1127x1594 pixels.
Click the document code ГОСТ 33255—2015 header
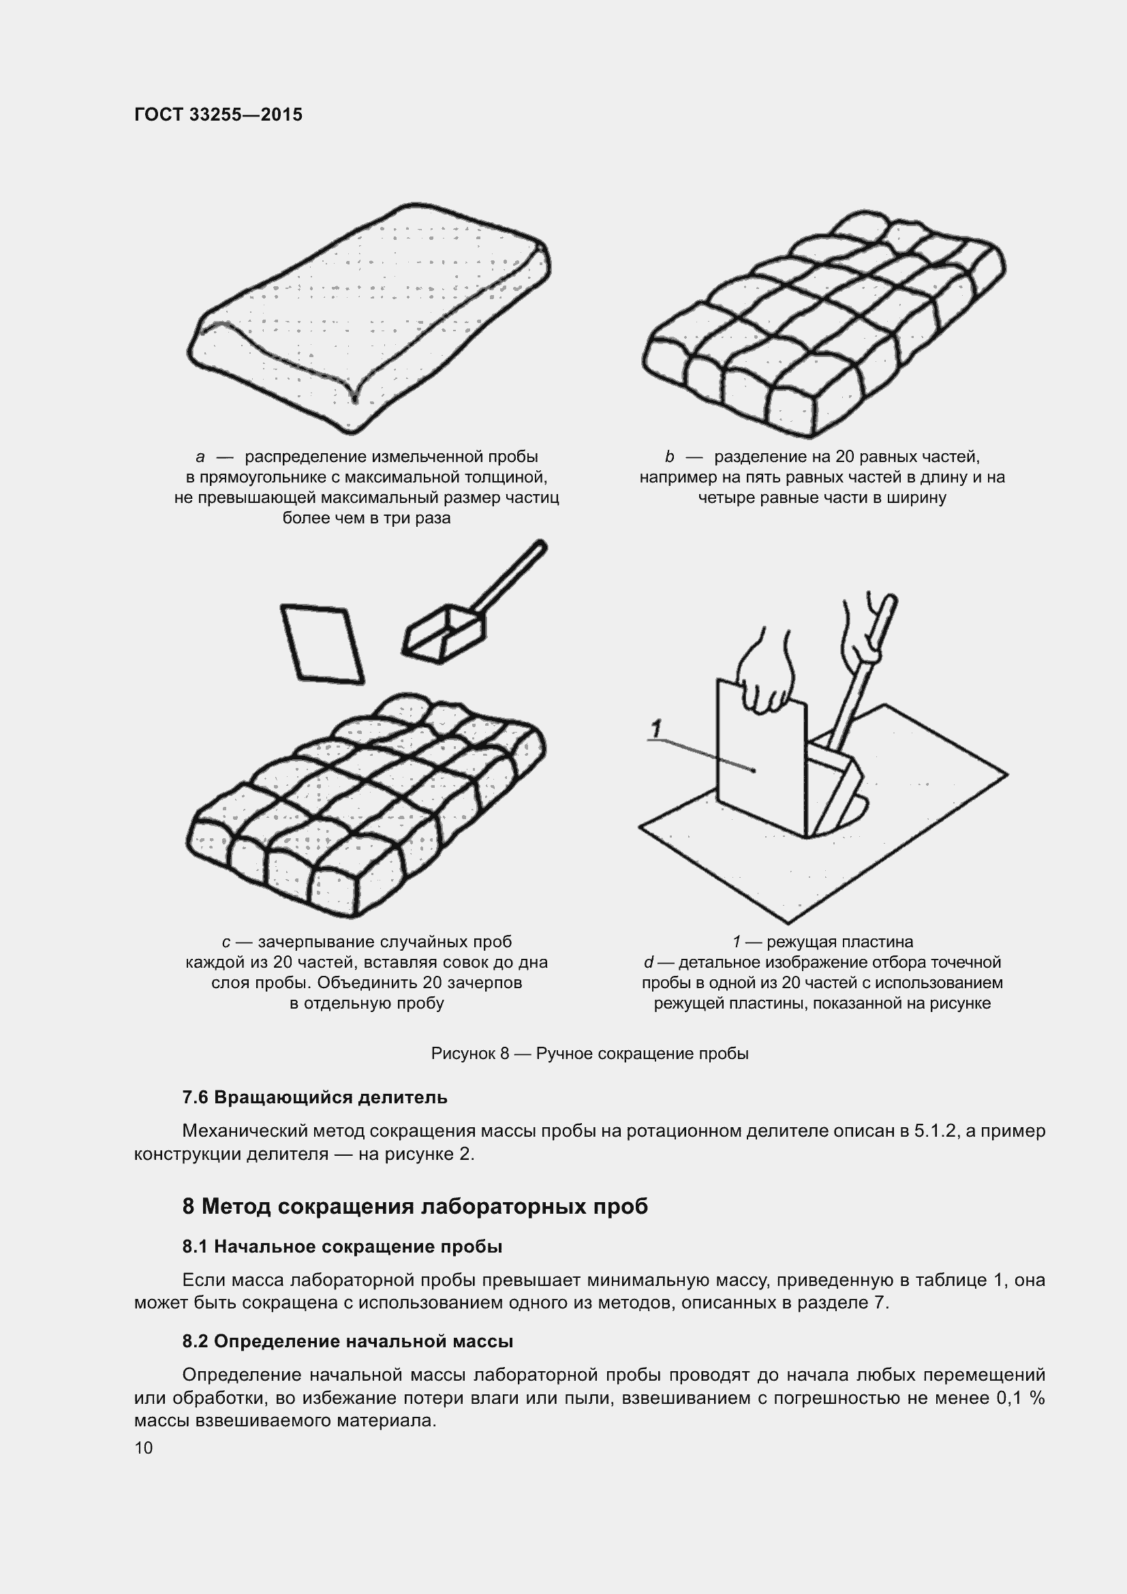coord(218,114)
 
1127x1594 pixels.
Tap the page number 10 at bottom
coord(144,1447)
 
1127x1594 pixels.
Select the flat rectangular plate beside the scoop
coord(322,643)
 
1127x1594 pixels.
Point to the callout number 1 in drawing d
coord(655,729)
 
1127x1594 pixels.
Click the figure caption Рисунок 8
coord(589,1053)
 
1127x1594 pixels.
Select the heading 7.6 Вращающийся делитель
coord(314,1098)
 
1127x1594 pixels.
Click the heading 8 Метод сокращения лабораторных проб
coord(415,1206)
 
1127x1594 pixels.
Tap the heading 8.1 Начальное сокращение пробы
coord(342,1246)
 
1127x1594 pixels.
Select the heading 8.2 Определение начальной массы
coord(348,1341)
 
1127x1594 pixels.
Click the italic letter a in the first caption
coord(200,457)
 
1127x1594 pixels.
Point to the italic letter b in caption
coord(669,457)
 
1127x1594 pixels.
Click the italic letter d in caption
coord(648,962)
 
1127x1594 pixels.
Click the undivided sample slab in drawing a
coord(368,312)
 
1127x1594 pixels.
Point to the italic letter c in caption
coord(226,942)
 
